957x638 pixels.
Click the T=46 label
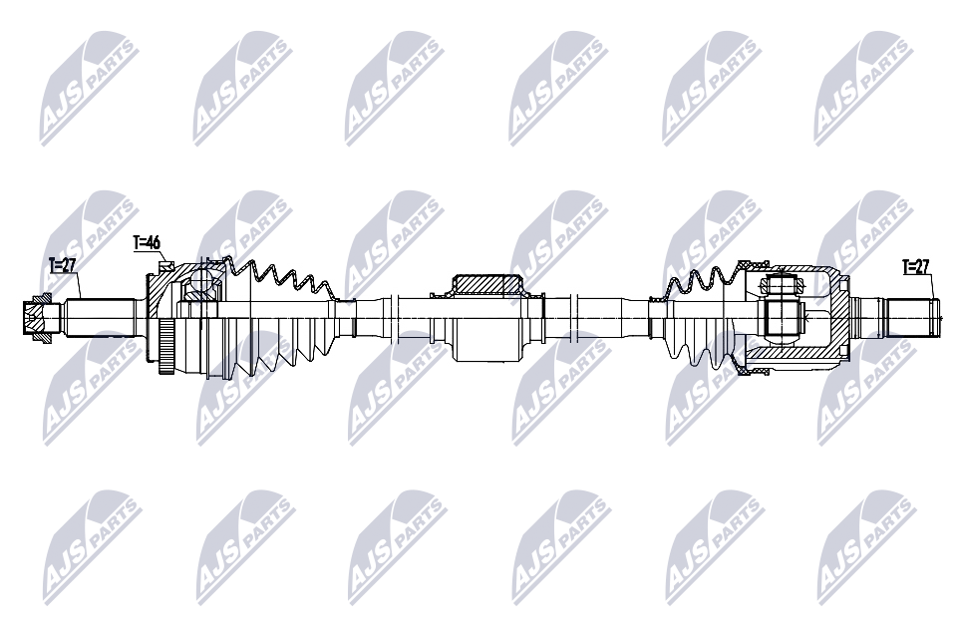tap(147, 242)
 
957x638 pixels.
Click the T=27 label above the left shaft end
tap(63, 265)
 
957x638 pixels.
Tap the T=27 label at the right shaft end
tap(915, 266)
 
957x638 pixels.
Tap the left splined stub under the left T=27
tap(100, 317)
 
